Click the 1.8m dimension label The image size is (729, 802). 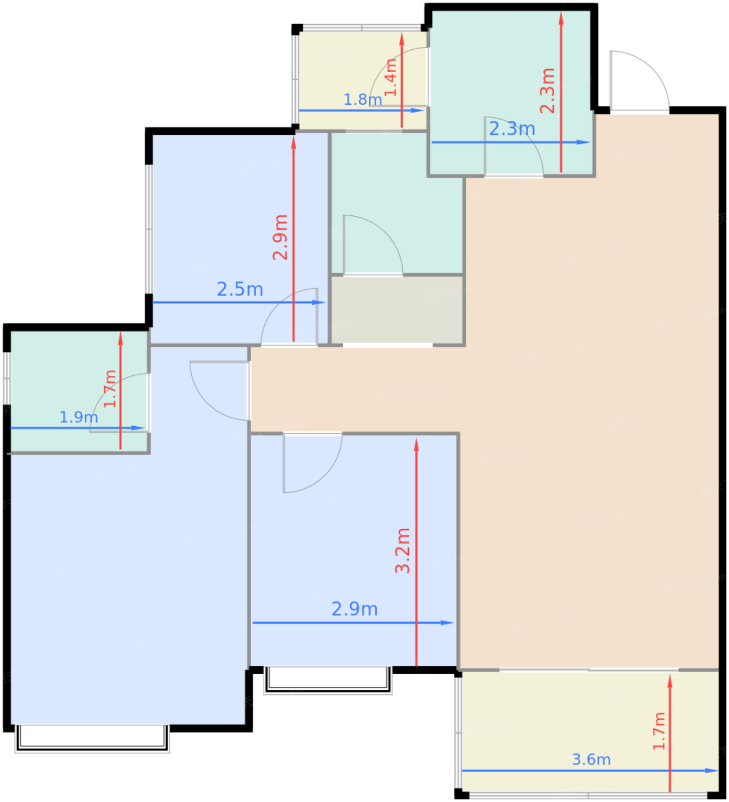362,100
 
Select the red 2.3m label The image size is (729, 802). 547,91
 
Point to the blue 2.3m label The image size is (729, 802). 512,129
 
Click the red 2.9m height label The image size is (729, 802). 280,237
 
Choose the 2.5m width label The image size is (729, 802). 240,289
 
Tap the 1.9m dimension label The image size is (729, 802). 78,418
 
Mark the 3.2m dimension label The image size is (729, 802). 402,551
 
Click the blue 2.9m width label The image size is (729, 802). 354,609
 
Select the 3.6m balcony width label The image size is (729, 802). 591,760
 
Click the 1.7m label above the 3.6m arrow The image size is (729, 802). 659,731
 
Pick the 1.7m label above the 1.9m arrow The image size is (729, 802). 110,388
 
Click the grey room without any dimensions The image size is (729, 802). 397,309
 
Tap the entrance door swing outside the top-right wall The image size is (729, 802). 639,81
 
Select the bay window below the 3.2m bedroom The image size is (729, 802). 327,679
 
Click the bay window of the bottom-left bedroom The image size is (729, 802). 92,738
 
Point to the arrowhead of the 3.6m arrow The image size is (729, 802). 712,771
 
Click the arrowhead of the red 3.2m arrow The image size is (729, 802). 416,445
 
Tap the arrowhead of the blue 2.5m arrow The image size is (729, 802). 319,302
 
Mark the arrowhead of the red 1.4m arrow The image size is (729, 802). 402,39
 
